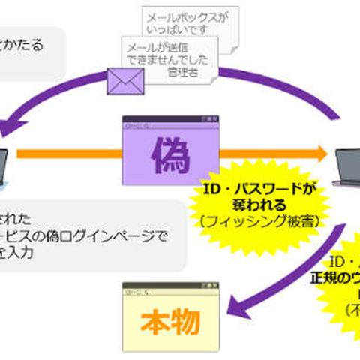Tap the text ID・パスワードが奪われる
pos(260,196)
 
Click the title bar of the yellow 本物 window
pos(170,288)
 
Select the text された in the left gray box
pos(16,219)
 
